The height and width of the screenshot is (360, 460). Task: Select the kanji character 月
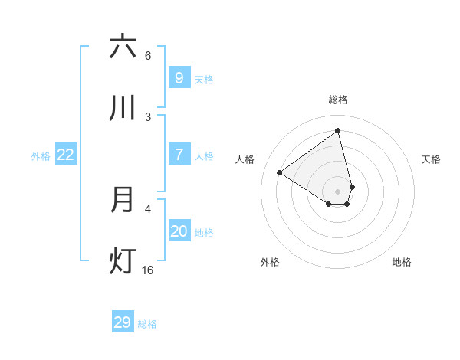coord(123,200)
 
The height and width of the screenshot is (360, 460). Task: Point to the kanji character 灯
coord(123,261)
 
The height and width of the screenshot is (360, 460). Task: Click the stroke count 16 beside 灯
coord(147,270)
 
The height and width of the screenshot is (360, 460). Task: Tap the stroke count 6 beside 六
coord(148,55)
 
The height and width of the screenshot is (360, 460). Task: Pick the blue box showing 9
coord(179,77)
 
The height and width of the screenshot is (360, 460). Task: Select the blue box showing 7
coord(179,154)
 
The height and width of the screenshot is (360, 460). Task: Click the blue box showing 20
coord(179,231)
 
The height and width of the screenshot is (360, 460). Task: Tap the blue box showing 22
coord(66,154)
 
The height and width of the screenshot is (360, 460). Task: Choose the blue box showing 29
coord(122,322)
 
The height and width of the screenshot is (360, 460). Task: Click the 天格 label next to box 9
coord(204,79)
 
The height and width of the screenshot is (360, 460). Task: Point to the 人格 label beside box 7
coord(204,155)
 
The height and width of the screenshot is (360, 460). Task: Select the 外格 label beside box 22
coord(41,155)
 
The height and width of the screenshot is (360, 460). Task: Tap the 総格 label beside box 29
coord(147,324)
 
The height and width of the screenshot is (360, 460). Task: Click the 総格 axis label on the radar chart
coord(338,100)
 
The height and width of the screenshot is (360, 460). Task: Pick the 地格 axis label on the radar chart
coord(402,262)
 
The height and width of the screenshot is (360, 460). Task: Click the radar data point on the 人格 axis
coord(280,172)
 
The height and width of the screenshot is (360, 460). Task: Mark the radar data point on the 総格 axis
coord(338,131)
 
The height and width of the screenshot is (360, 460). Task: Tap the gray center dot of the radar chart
coord(338,191)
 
